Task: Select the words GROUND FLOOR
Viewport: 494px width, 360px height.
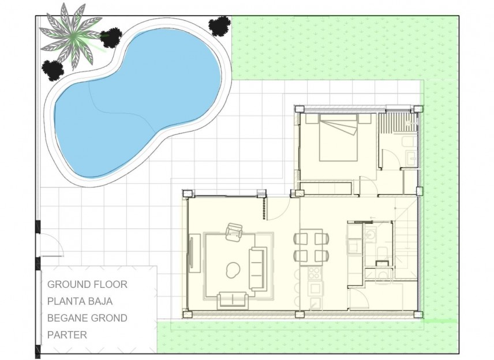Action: (x=87, y=284)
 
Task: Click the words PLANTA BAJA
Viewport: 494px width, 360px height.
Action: (x=80, y=301)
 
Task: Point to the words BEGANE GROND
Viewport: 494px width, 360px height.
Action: (x=87, y=318)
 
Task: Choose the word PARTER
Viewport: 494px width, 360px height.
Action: (x=67, y=335)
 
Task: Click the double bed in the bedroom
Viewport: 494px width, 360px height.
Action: (x=339, y=138)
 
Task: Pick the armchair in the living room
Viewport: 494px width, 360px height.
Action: (x=235, y=232)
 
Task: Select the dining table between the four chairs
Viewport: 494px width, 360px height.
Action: (x=312, y=246)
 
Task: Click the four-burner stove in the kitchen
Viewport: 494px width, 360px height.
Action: (x=315, y=272)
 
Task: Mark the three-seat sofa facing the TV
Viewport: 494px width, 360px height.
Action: (x=257, y=269)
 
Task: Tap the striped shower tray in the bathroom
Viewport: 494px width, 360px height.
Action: (x=398, y=121)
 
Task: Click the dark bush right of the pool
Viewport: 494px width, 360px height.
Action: (x=219, y=26)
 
